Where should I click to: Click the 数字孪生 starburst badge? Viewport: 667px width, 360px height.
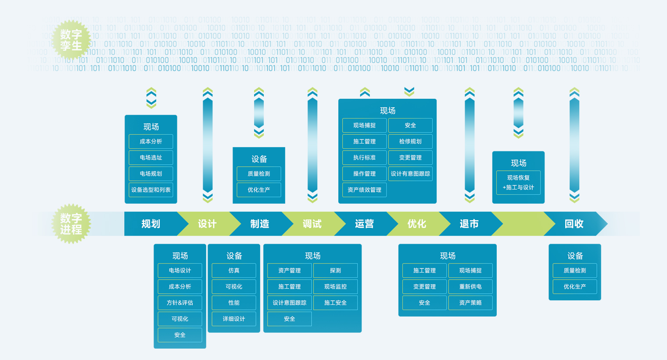click(71, 40)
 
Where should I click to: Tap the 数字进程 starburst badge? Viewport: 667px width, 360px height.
click(71, 223)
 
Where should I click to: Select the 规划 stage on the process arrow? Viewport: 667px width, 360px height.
click(151, 224)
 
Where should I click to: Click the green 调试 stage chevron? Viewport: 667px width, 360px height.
click(312, 224)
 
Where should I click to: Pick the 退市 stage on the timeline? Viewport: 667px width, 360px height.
click(469, 224)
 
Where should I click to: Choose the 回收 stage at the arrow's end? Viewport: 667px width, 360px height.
click(574, 224)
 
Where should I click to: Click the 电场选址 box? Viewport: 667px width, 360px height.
click(151, 158)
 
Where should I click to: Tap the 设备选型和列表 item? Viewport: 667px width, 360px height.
click(151, 190)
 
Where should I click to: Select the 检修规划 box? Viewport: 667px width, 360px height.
click(410, 141)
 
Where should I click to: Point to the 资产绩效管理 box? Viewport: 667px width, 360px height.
click(364, 190)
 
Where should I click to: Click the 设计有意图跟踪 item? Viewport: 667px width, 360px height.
click(410, 174)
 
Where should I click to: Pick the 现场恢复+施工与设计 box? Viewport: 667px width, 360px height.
click(518, 183)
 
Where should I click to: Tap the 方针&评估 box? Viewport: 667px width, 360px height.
click(180, 302)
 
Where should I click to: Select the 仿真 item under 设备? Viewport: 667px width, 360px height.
click(234, 270)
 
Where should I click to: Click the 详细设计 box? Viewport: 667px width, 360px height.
click(234, 319)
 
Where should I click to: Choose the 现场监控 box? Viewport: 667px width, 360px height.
click(335, 287)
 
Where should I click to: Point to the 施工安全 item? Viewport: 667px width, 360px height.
click(335, 302)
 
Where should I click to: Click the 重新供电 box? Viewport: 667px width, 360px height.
click(470, 287)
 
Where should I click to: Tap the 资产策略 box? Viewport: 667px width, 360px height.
click(470, 302)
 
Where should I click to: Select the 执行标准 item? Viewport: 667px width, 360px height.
click(364, 158)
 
